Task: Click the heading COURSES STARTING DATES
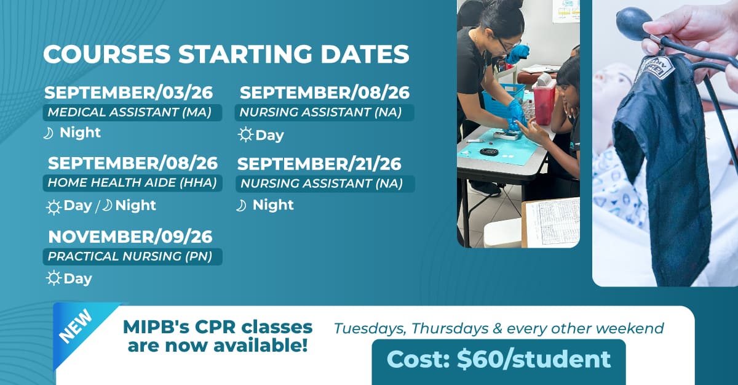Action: [226, 54]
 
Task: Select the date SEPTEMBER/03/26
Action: [129, 92]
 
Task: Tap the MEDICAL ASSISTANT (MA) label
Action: [132, 113]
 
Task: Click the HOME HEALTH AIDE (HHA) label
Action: [132, 183]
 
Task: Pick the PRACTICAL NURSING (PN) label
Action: [132, 257]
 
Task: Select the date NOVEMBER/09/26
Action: [130, 237]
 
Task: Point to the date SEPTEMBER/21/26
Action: [319, 164]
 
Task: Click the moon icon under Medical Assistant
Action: [49, 134]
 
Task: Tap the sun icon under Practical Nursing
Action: [54, 278]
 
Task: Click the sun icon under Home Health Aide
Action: [54, 208]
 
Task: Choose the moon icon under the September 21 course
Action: [241, 206]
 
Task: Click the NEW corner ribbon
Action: [79, 330]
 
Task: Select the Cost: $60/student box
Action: [499, 361]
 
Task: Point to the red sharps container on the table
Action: [544, 102]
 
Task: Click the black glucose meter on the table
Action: [488, 152]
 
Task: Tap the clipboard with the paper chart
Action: [551, 223]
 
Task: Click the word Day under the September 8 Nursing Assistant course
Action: [269, 136]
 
